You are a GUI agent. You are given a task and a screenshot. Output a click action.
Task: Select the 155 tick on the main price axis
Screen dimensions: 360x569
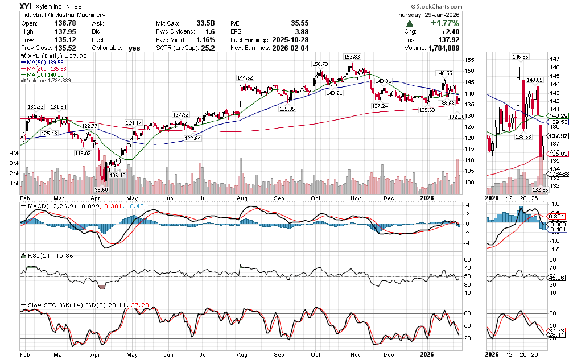pos(469,60)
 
